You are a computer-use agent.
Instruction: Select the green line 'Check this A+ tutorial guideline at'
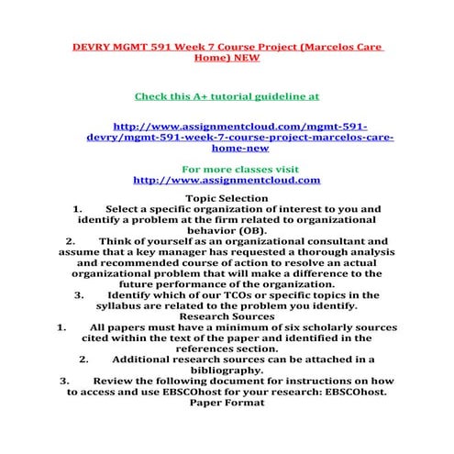(x=227, y=94)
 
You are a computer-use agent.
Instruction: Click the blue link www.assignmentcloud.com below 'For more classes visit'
(x=227, y=181)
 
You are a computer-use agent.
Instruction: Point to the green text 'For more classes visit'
(x=227, y=169)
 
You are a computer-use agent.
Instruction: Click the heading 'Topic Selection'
(x=227, y=198)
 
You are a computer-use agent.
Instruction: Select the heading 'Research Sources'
(x=227, y=316)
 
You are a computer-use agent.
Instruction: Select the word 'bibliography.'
(x=227, y=370)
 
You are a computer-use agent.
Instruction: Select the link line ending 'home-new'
(x=227, y=147)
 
